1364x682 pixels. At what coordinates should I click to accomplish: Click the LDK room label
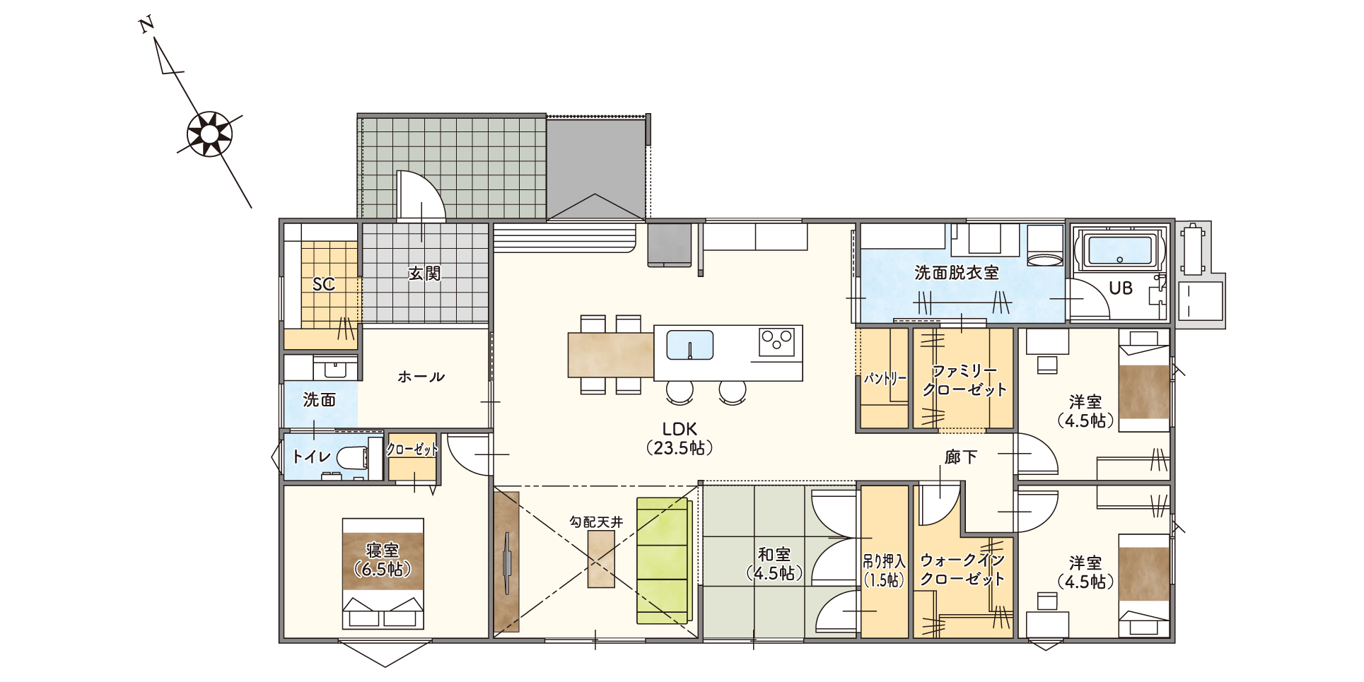click(x=680, y=438)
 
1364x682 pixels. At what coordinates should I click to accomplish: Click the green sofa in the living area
click(x=663, y=560)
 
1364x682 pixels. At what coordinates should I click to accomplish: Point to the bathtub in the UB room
click(x=1120, y=251)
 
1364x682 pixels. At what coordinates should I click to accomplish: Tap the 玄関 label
click(x=424, y=273)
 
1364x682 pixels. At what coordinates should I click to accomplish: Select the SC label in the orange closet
click(x=324, y=284)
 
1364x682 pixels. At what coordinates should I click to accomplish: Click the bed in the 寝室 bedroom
click(x=383, y=573)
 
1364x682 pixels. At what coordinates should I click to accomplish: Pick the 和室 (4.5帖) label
click(x=775, y=564)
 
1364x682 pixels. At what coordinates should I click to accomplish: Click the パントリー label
click(x=885, y=378)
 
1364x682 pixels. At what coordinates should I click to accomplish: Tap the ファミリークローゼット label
click(x=964, y=380)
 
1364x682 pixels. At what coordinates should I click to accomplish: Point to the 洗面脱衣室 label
click(x=956, y=273)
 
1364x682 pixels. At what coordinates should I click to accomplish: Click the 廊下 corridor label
click(x=960, y=457)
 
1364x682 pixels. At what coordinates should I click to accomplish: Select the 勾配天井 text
click(x=596, y=522)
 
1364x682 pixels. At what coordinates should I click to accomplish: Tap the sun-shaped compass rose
click(x=210, y=134)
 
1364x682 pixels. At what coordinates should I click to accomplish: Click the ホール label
click(x=421, y=377)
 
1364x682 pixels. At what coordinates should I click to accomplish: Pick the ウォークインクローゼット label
click(x=962, y=570)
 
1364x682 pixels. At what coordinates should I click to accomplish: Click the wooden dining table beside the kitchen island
click(x=611, y=354)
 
